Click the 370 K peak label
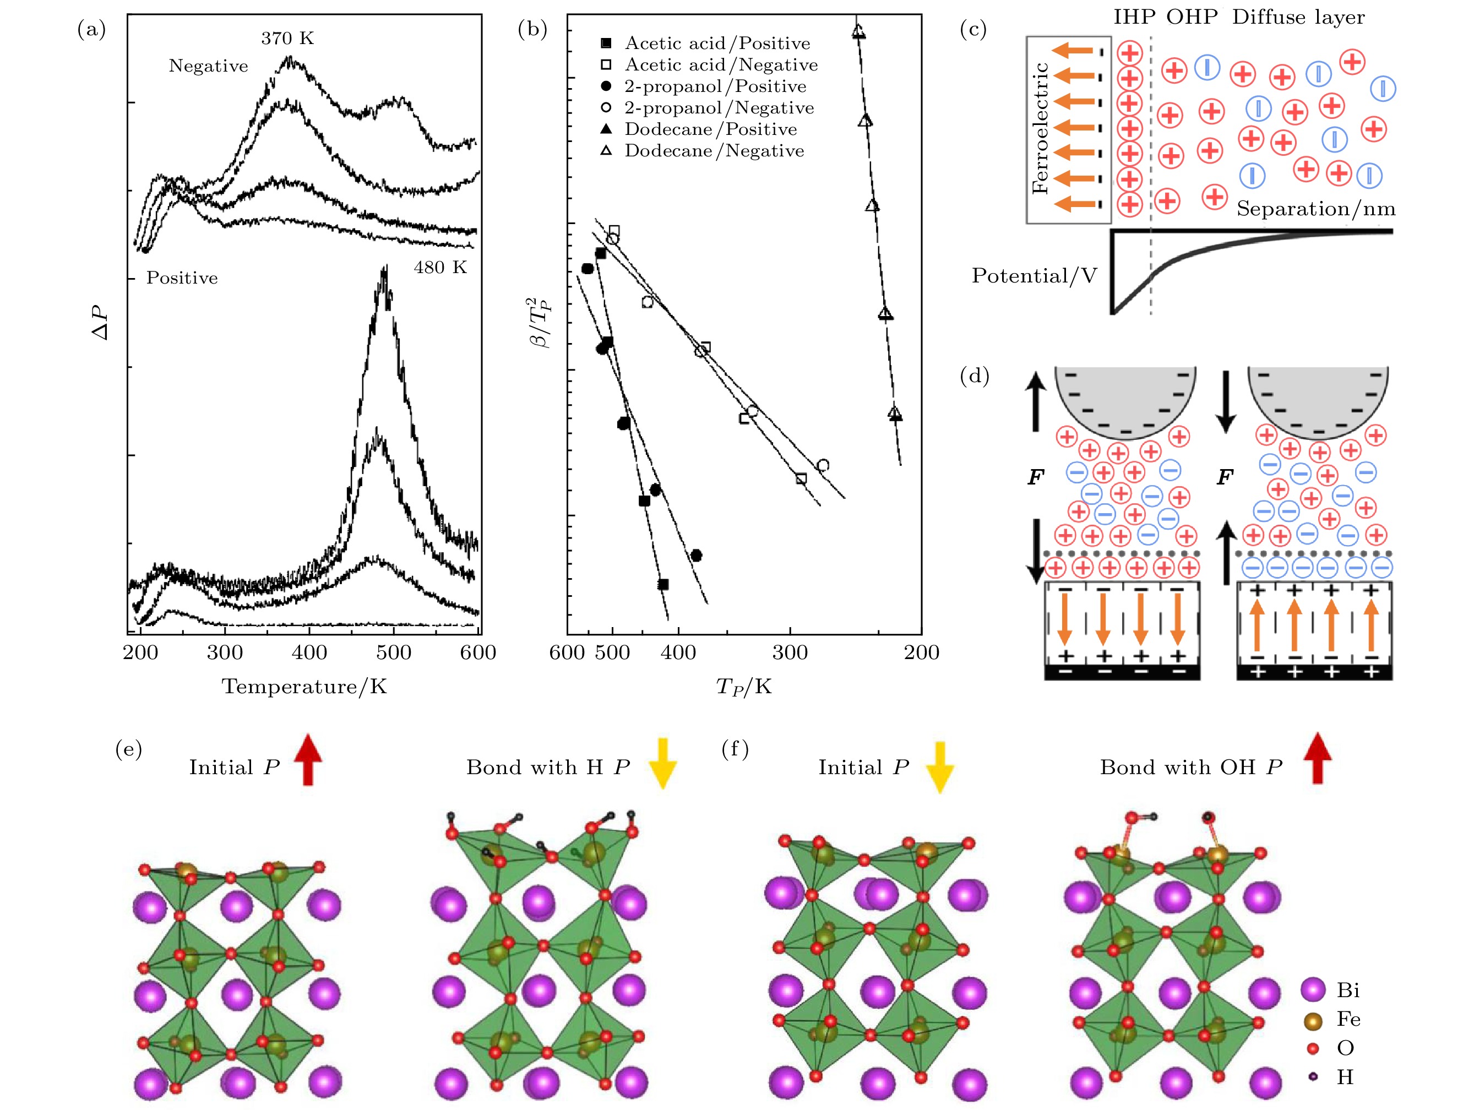(x=287, y=38)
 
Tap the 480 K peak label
(x=440, y=267)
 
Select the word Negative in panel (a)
(x=208, y=66)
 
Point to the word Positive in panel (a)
(x=182, y=278)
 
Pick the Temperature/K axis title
(x=304, y=686)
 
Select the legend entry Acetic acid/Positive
(x=717, y=43)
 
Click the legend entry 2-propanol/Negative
(x=719, y=108)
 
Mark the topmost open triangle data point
(x=858, y=31)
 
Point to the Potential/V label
(x=1034, y=275)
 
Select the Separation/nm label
(x=1315, y=209)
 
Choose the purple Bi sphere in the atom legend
(x=1313, y=989)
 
